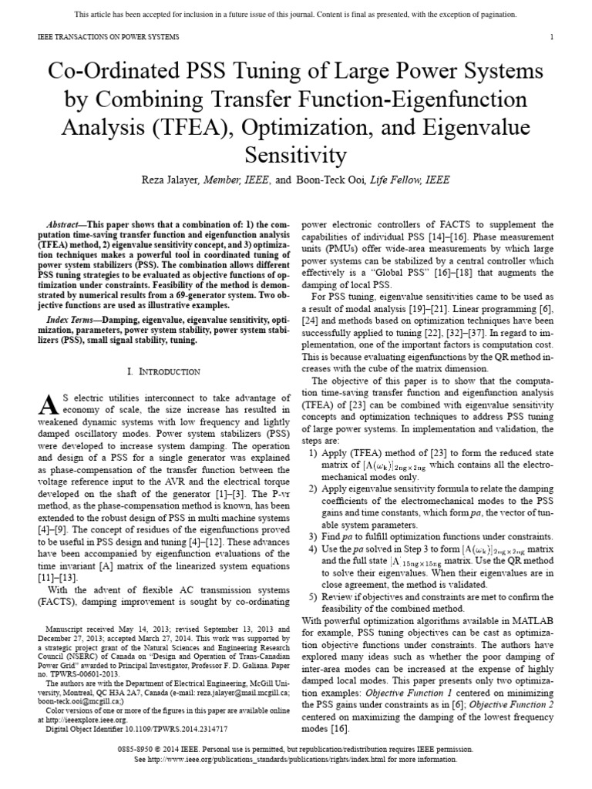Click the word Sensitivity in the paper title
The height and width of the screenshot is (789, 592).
click(295, 156)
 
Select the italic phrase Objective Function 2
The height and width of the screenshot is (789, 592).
click(510, 705)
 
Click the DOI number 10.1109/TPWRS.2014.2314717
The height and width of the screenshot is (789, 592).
click(172, 727)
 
